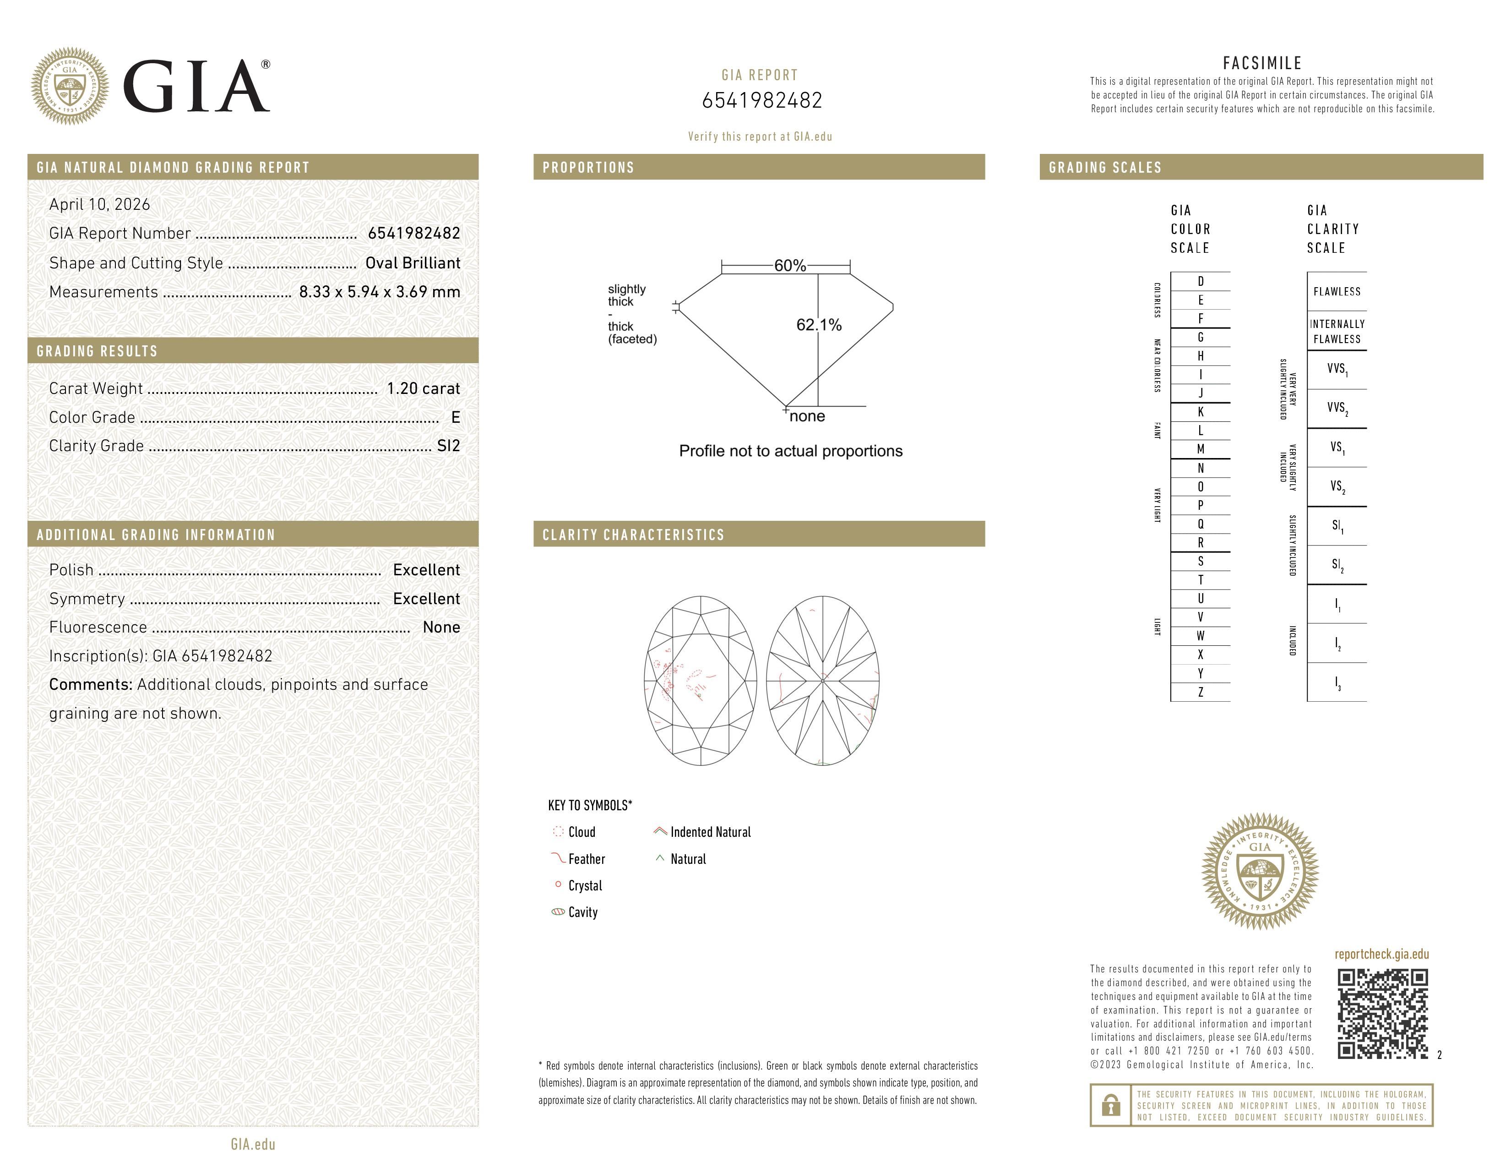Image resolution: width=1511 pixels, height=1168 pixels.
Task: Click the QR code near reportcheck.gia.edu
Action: coord(1382,1013)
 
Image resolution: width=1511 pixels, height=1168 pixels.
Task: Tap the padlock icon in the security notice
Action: coord(1110,1105)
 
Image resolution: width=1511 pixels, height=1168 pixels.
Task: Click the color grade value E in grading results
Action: coord(455,417)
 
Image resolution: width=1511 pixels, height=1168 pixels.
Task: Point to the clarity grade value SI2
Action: coord(448,446)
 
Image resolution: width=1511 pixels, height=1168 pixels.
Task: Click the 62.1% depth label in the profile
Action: coord(819,325)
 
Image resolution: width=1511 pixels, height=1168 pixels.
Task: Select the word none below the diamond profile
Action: coord(807,416)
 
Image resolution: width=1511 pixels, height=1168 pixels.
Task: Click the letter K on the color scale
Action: coord(1201,412)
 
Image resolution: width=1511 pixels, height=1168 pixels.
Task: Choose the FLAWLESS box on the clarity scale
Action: coord(1337,291)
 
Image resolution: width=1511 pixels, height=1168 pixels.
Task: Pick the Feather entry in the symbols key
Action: coord(586,859)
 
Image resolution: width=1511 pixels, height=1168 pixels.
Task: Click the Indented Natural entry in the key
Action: coord(710,832)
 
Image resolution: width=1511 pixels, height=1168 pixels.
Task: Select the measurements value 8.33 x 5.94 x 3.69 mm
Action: coord(379,292)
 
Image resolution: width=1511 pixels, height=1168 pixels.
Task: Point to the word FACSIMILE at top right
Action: coord(1262,63)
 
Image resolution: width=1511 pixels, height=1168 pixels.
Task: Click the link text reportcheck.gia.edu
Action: coord(1381,954)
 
